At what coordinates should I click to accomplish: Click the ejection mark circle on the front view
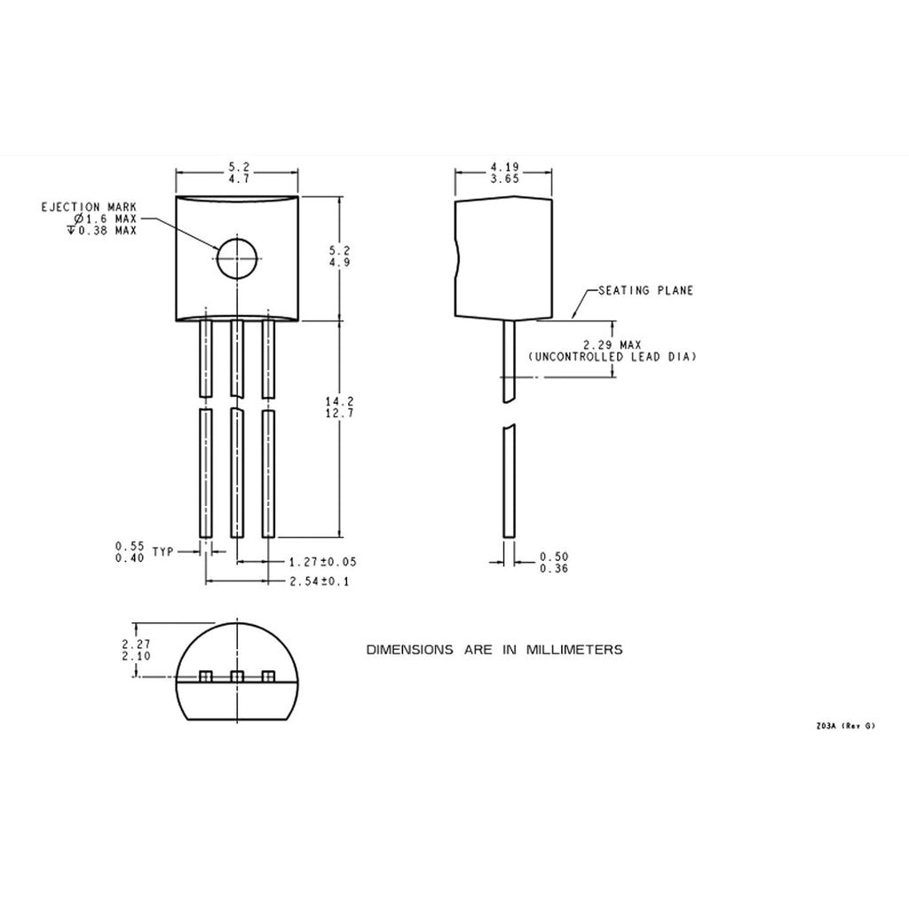pyautogui.click(x=237, y=258)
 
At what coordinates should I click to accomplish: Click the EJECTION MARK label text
pyautogui.click(x=89, y=207)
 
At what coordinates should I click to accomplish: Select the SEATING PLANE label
pyautogui.click(x=645, y=290)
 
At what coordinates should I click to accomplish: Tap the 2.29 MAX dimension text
pyautogui.click(x=612, y=344)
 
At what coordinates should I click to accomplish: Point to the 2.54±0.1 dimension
pyautogui.click(x=320, y=581)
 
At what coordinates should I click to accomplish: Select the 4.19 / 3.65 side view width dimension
pyautogui.click(x=503, y=172)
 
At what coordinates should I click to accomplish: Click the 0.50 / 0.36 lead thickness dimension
pyautogui.click(x=554, y=562)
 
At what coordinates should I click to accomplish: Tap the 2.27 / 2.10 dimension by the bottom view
pyautogui.click(x=137, y=649)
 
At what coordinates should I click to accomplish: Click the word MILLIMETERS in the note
pyautogui.click(x=574, y=650)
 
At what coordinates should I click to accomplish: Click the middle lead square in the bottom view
pyautogui.click(x=237, y=677)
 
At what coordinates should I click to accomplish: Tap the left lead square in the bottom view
pyautogui.click(x=206, y=677)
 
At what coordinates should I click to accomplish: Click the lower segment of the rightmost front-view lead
pyautogui.click(x=267, y=472)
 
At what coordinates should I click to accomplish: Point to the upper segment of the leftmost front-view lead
pyautogui.click(x=206, y=358)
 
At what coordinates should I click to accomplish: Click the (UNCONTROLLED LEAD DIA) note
pyautogui.click(x=612, y=357)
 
